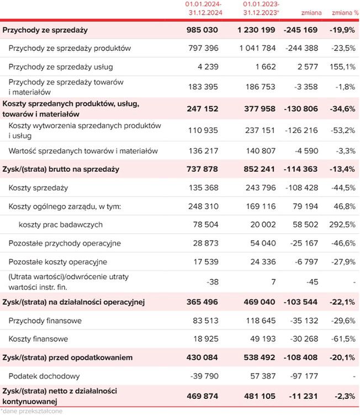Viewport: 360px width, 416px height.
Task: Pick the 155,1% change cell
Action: click(x=343, y=67)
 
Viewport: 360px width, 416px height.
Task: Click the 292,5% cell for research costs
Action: click(x=343, y=225)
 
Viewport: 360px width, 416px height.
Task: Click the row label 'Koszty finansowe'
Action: click(x=39, y=339)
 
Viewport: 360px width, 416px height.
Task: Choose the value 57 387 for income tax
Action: click(x=263, y=376)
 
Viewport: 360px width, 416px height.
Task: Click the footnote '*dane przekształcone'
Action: click(x=31, y=411)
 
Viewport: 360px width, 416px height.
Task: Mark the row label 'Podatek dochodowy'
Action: click(x=45, y=376)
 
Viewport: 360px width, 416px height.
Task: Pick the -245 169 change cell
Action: click(x=301, y=30)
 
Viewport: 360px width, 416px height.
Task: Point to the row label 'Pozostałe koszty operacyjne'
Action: click(x=58, y=262)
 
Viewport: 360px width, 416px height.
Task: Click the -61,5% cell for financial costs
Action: click(x=343, y=339)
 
